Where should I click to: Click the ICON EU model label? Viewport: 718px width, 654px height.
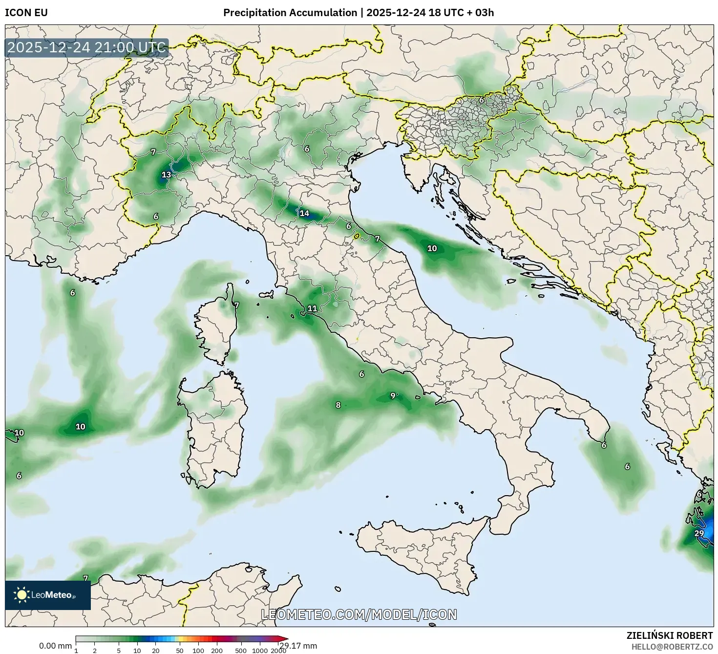point(26,13)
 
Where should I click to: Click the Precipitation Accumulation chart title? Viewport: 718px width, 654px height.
point(358,13)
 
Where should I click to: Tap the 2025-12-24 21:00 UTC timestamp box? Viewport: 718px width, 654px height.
point(87,48)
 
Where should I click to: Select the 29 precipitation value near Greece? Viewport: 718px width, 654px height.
point(699,533)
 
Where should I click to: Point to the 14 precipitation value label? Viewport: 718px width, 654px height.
point(304,213)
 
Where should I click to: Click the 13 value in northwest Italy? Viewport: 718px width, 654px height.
point(166,175)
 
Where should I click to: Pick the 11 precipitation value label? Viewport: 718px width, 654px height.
point(312,308)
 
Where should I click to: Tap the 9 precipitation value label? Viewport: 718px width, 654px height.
point(393,396)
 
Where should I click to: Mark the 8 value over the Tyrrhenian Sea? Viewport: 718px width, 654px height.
point(338,405)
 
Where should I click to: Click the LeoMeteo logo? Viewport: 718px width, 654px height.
point(47,595)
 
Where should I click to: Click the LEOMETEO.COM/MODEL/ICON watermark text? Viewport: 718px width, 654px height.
point(359,614)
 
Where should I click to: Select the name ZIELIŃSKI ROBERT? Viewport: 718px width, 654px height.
point(670,635)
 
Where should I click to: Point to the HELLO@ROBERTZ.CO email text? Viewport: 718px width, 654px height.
point(673,647)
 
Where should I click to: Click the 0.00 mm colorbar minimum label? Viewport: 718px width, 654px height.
point(55,646)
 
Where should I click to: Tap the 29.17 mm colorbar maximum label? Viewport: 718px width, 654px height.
point(298,646)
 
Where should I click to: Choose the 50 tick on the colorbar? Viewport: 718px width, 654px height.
point(180,651)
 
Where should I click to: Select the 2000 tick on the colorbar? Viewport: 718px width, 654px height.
point(278,651)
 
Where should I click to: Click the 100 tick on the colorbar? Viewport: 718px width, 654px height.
point(198,651)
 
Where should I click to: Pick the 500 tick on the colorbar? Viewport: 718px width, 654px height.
point(241,651)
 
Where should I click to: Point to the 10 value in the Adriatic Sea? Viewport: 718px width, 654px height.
point(432,248)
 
